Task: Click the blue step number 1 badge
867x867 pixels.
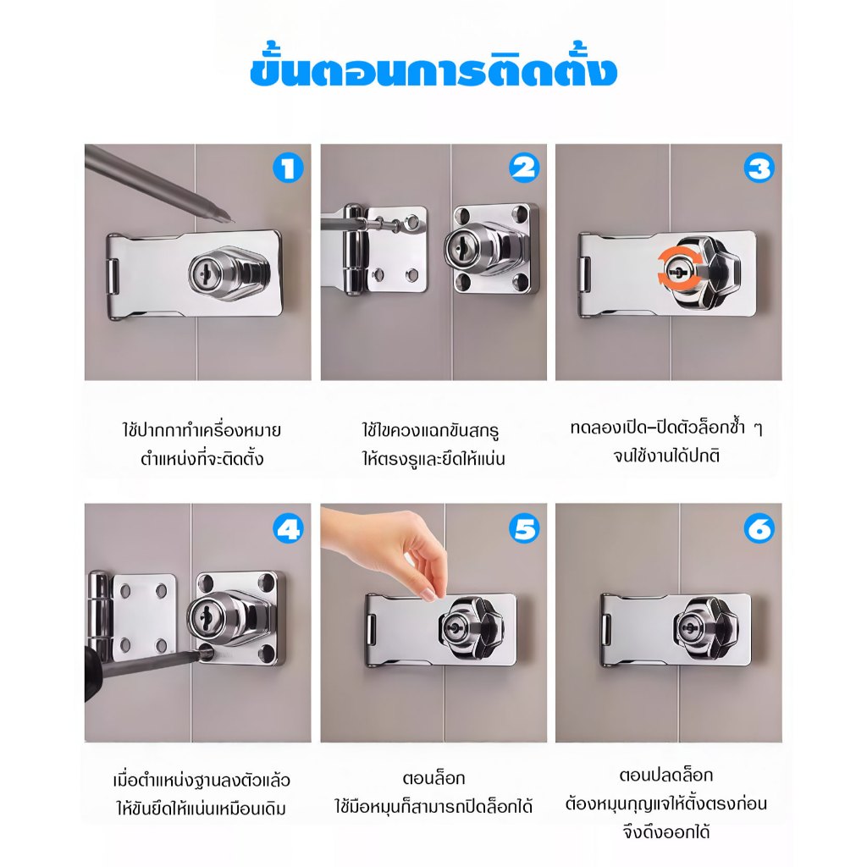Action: click(x=288, y=168)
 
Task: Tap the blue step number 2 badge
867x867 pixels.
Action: click(x=523, y=168)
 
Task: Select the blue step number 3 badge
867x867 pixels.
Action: click(x=759, y=168)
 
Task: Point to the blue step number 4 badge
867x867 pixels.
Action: click(x=288, y=528)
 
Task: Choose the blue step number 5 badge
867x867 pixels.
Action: click(x=523, y=528)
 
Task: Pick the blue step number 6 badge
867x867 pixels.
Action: click(x=759, y=528)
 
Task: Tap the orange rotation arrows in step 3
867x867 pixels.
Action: click(x=676, y=271)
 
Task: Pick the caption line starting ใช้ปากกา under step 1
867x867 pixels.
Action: click(x=202, y=429)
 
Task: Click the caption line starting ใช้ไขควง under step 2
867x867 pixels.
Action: click(x=431, y=429)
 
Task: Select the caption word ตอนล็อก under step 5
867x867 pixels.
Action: click(x=434, y=778)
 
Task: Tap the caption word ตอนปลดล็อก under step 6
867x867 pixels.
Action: click(x=666, y=775)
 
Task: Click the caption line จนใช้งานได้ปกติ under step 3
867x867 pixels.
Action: click(x=667, y=456)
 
